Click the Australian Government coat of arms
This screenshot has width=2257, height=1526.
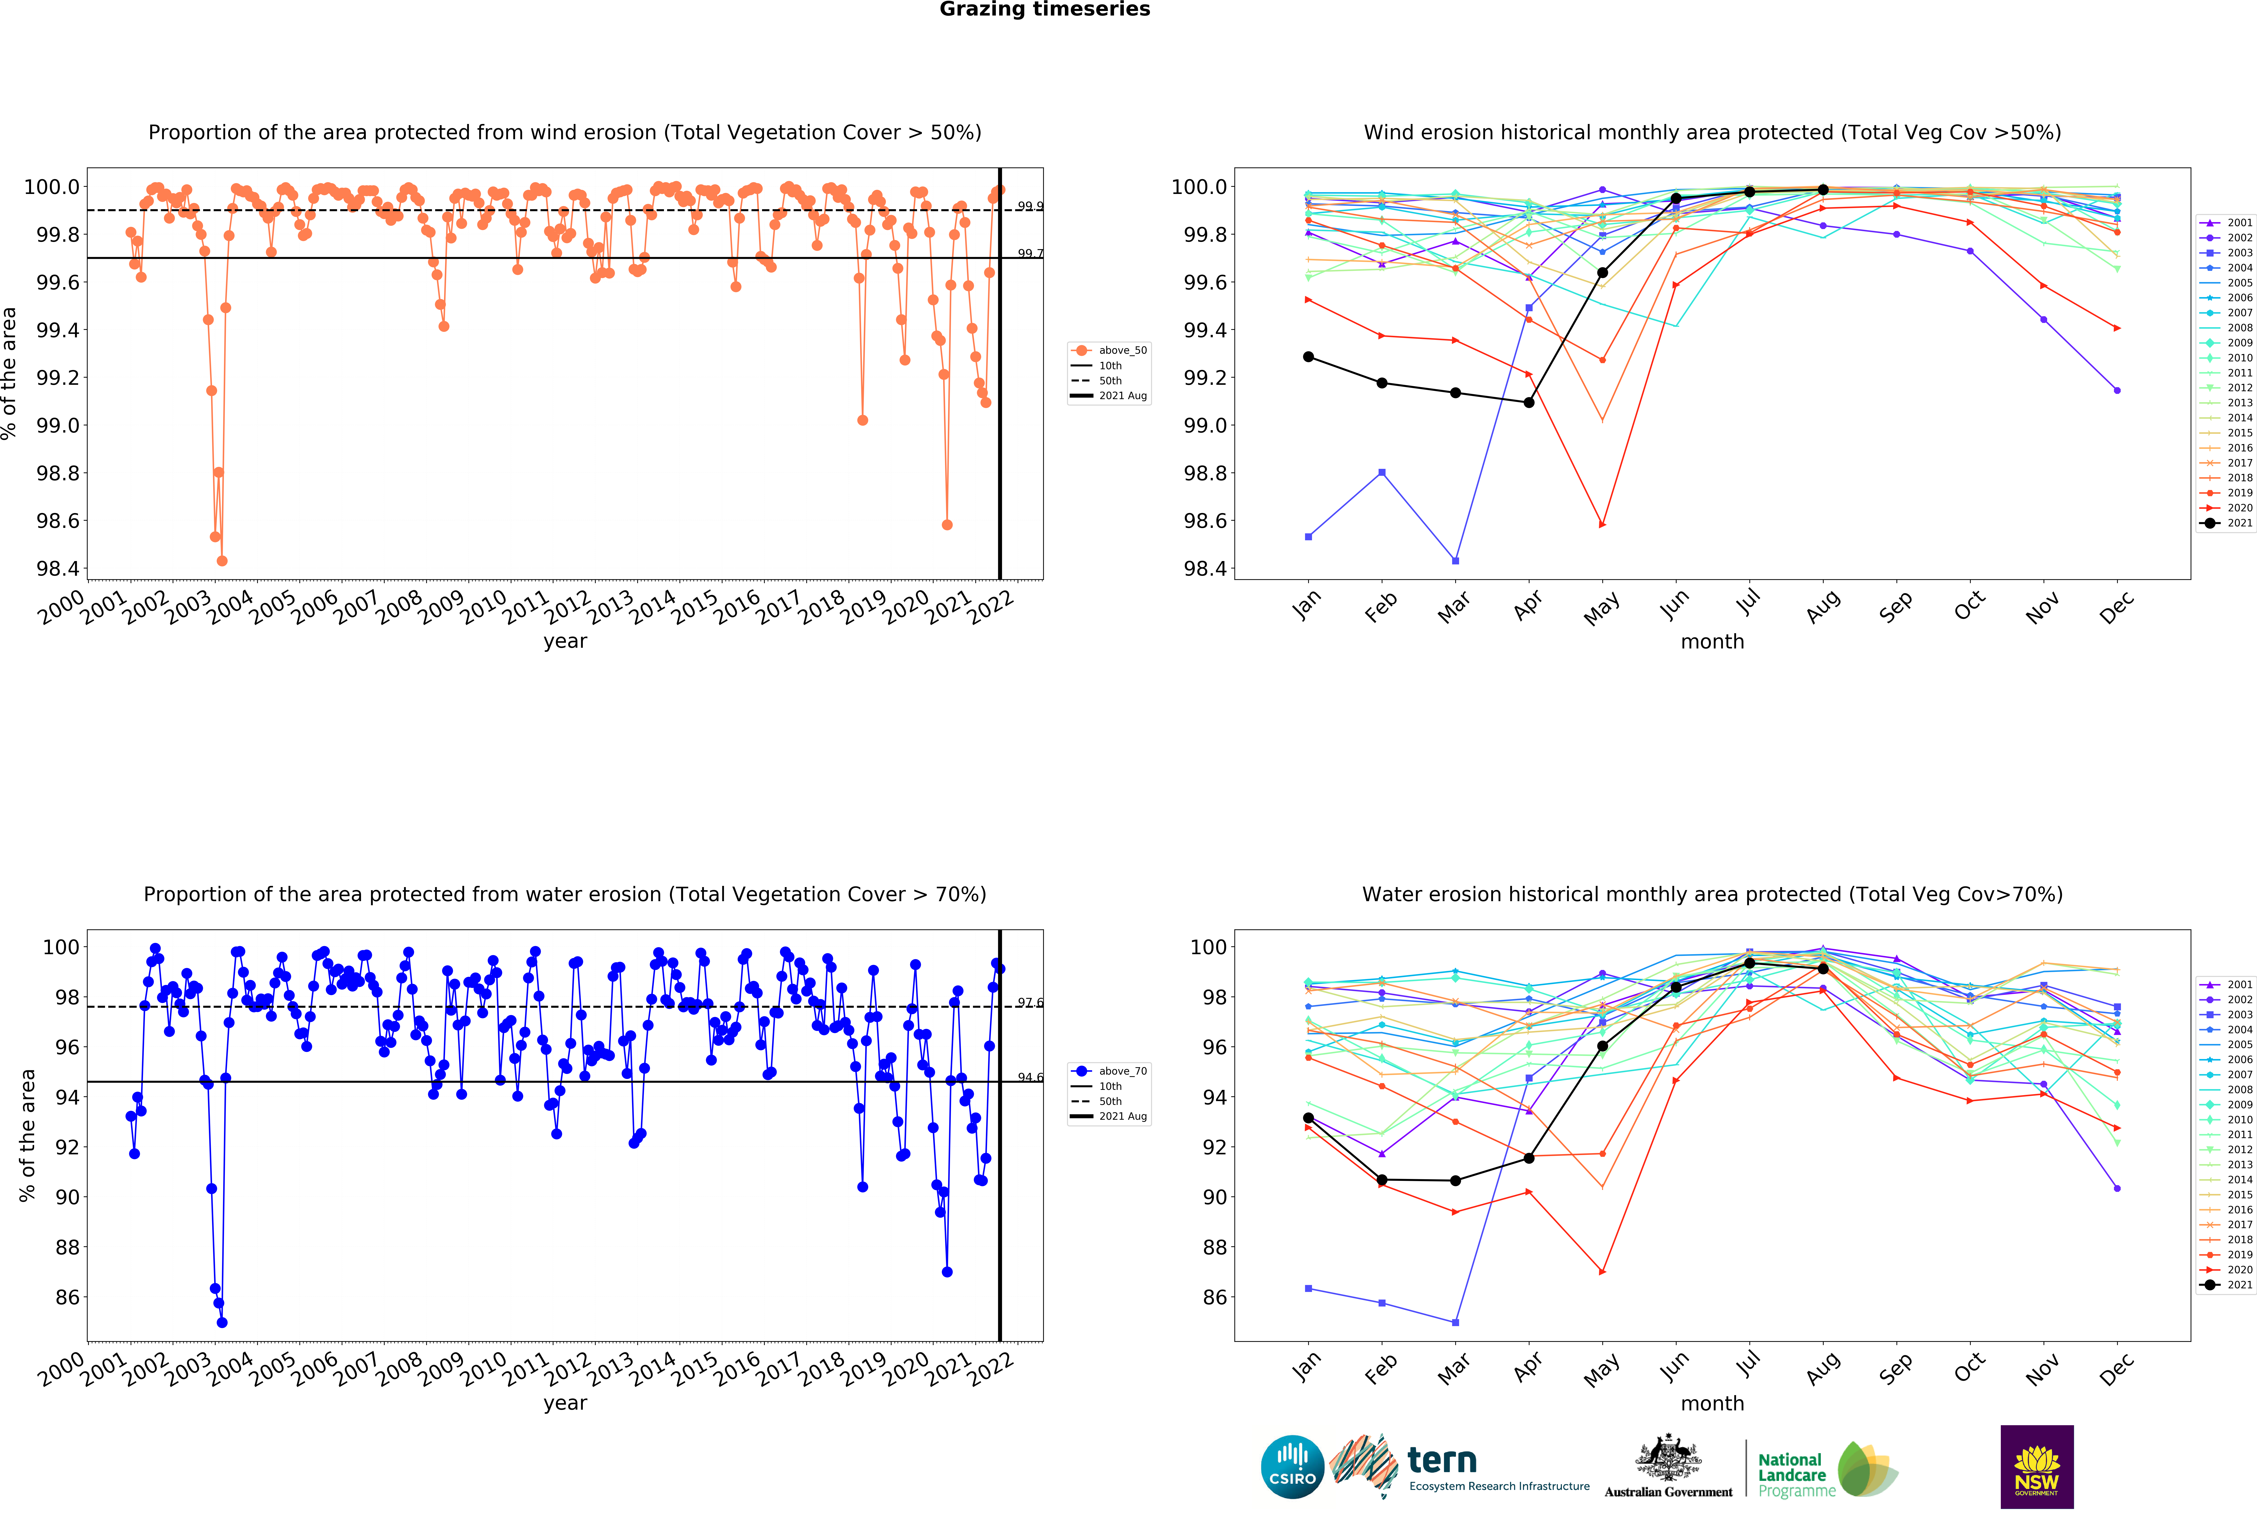[1668, 1457]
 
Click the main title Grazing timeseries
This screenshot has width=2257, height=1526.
[1044, 10]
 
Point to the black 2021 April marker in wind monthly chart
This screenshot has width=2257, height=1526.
[1529, 402]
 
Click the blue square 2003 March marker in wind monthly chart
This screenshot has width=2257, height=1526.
[1455, 561]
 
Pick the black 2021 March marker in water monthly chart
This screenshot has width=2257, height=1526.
[1455, 1180]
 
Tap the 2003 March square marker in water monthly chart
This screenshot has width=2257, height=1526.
[1455, 1322]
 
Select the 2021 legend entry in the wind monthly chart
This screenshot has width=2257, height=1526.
[2231, 523]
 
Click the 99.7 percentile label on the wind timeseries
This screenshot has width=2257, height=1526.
[1030, 253]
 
